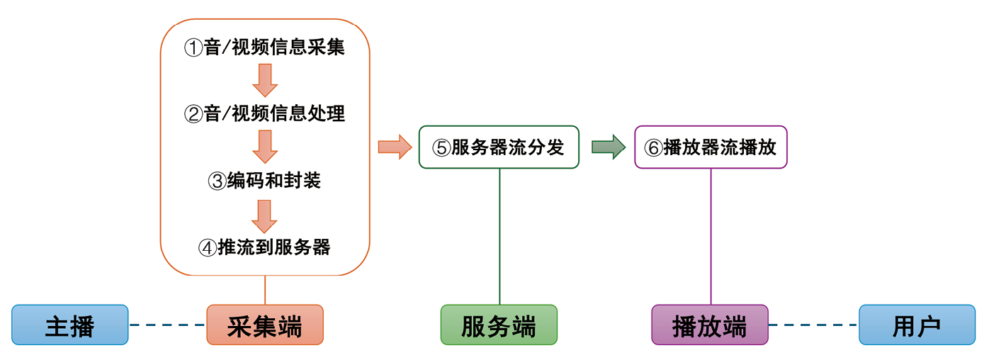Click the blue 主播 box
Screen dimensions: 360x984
pos(69,325)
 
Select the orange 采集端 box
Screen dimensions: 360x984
pos(265,325)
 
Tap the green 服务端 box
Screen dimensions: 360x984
pos(499,325)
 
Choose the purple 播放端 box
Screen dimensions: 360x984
pos(709,325)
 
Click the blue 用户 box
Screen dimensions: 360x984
pos(917,325)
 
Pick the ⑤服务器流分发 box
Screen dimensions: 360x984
pos(499,147)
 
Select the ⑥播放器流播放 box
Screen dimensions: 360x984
pos(711,147)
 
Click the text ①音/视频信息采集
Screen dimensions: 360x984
pos(264,47)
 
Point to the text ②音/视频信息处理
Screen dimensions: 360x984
pos(264,113)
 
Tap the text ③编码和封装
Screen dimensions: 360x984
pos(264,181)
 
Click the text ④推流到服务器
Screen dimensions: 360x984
pos(264,247)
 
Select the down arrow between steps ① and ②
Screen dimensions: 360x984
pos(264,79)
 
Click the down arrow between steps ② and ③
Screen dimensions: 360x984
pos(264,146)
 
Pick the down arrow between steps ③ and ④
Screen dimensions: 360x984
pos(264,215)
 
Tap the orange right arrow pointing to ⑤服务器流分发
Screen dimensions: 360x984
pos(395,147)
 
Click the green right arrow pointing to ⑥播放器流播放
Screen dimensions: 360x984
pos(608,147)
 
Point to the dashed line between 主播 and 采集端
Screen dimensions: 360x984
pos(167,325)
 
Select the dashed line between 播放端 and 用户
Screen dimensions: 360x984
pos(813,325)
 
